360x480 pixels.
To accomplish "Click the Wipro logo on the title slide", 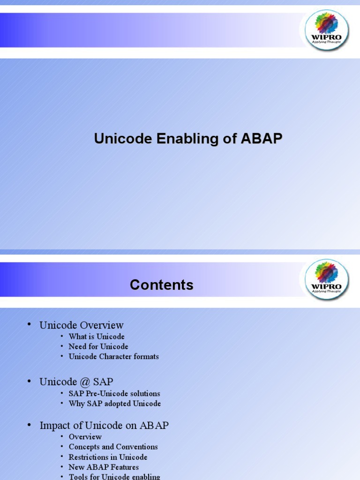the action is point(327,30).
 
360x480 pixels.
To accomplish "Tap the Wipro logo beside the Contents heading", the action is point(327,279).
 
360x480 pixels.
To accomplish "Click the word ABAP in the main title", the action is point(262,138).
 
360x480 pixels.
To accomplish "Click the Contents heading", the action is point(162,285).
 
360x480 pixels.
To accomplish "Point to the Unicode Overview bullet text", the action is point(82,325).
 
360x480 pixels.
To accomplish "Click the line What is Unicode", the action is point(97,337).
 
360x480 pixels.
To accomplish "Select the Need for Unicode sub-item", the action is point(98,346).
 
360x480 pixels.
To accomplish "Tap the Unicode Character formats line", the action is point(113,357).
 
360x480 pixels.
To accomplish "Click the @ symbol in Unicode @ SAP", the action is point(85,382).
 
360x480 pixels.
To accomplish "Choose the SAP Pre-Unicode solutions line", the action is point(114,393).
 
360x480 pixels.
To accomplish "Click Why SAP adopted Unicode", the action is point(114,404).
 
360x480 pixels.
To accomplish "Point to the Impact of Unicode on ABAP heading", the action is point(104,426).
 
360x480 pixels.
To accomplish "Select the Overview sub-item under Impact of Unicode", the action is point(85,437).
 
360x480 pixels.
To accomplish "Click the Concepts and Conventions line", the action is point(113,447).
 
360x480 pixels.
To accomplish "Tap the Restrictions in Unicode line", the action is point(108,457).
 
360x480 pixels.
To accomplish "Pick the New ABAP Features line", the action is point(104,467).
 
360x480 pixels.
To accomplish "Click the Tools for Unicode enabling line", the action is point(114,477).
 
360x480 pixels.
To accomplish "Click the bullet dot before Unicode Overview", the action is point(30,324).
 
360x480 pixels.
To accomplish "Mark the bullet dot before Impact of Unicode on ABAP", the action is point(30,425).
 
